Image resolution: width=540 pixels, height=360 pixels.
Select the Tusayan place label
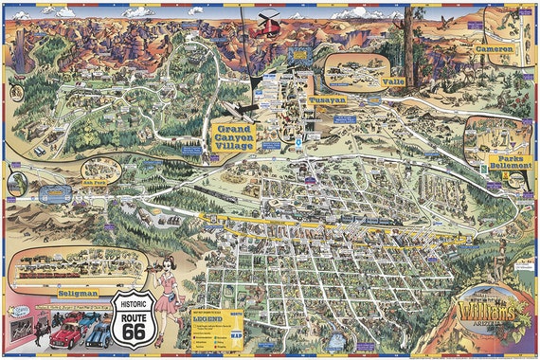(x=327, y=99)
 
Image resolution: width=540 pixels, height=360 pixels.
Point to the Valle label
(x=392, y=82)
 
